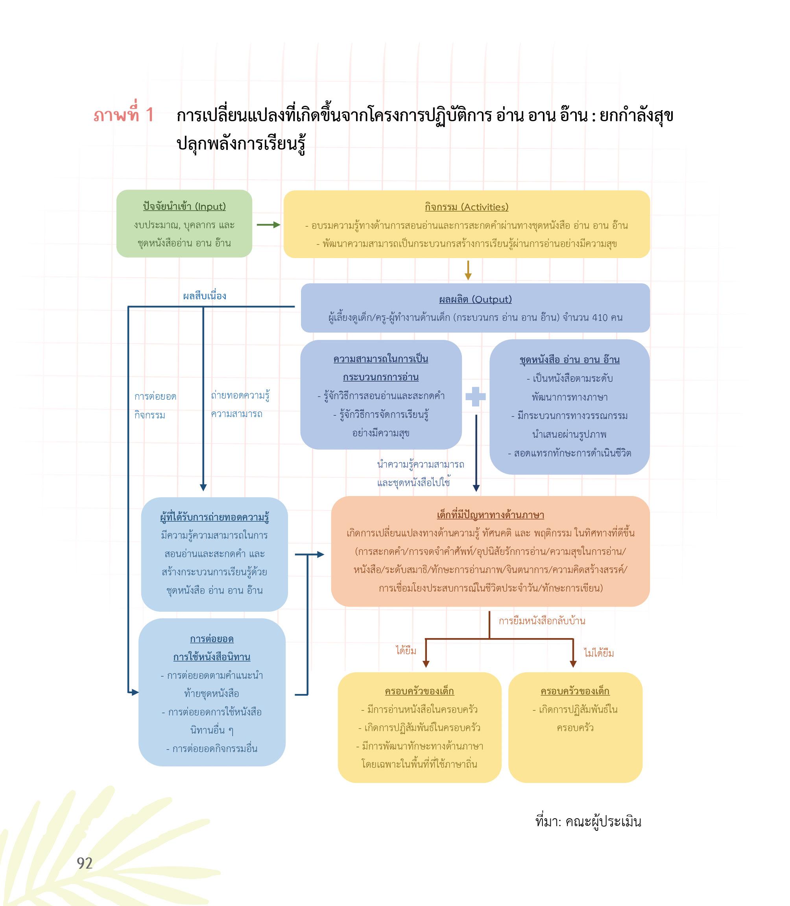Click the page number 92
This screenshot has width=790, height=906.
pyautogui.click(x=85, y=863)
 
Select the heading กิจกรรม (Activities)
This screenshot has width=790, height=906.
pyautogui.click(x=467, y=207)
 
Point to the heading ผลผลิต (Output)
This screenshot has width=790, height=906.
pyautogui.click(x=475, y=299)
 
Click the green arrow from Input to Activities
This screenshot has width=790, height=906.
pyautogui.click(x=268, y=225)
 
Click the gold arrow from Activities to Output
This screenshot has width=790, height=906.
pyautogui.click(x=468, y=270)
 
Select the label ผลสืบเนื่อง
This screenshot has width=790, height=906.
pyautogui.click(x=205, y=296)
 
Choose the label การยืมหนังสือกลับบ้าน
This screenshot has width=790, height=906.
pyautogui.click(x=542, y=621)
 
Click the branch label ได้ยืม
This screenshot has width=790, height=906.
pyautogui.click(x=406, y=650)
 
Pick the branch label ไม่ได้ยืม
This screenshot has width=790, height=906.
pyautogui.click(x=599, y=653)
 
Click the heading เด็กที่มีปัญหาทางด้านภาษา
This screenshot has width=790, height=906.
pyautogui.click(x=490, y=515)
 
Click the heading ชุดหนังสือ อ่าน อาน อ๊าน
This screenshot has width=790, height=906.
pyautogui.click(x=570, y=360)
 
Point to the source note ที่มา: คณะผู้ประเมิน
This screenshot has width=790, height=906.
pyautogui.click(x=588, y=821)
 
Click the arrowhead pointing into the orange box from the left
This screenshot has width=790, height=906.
pyautogui.click(x=321, y=554)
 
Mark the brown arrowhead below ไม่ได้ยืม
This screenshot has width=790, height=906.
pyautogui.click(x=573, y=664)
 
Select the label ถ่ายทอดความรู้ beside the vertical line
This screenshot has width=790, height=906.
pyautogui.click(x=240, y=395)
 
